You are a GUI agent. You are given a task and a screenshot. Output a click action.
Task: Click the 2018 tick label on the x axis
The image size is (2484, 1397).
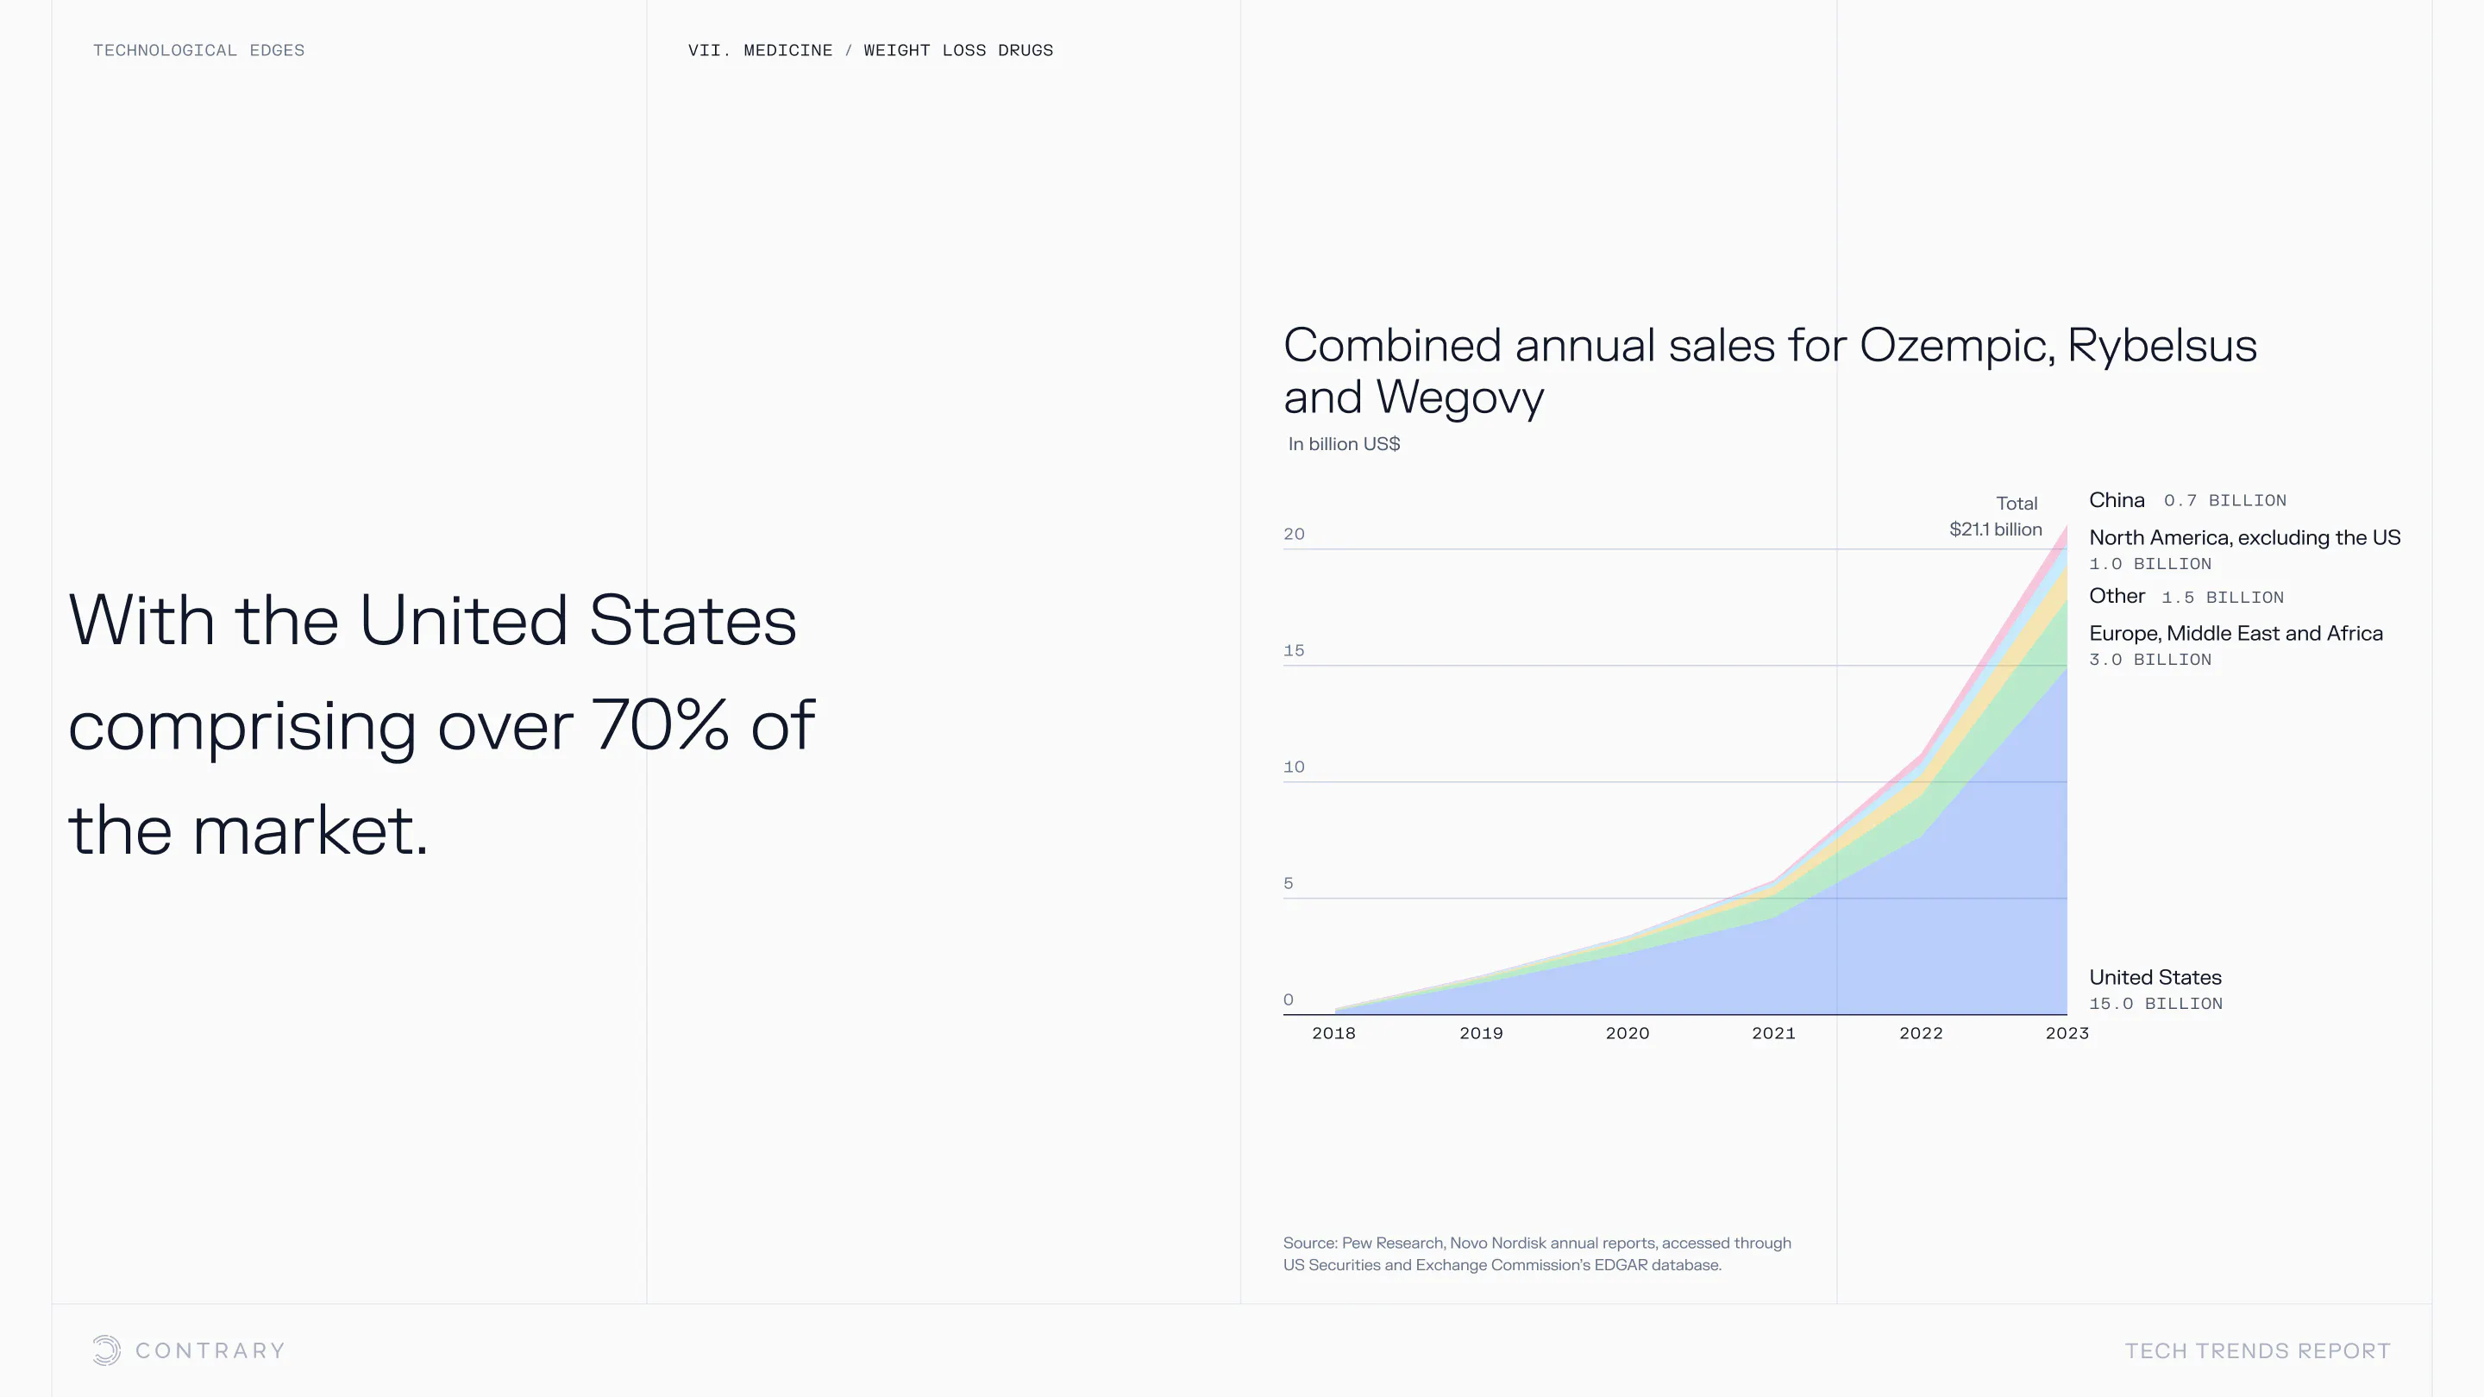point(1333,1032)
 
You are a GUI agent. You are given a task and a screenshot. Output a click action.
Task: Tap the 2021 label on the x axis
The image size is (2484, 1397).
point(1773,1032)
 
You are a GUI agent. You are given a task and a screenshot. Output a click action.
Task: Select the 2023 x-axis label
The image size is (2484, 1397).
point(2067,1032)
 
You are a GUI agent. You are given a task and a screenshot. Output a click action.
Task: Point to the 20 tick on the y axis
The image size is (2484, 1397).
point(1294,534)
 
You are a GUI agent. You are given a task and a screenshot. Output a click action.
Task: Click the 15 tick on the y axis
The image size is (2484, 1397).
point(1294,651)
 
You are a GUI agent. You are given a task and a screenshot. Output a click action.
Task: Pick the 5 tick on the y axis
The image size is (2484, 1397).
point(1289,883)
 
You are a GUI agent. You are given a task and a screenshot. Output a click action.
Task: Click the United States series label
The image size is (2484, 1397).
point(2155,977)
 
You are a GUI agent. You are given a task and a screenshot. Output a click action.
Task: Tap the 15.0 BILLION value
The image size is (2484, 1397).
point(2155,1004)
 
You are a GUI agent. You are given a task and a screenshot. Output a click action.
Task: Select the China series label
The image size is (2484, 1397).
point(2117,499)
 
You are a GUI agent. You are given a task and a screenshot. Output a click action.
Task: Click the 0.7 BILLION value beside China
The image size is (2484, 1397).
point(2224,500)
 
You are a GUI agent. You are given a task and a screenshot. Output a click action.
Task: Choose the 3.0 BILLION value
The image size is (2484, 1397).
point(2149,660)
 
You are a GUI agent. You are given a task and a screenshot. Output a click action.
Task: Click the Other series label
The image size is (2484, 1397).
point(2117,596)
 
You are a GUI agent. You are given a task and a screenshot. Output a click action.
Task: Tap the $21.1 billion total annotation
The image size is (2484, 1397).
point(1995,529)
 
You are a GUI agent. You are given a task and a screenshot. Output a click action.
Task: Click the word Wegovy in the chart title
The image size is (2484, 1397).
point(1460,398)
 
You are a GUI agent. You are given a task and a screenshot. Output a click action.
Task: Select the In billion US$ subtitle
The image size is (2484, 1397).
point(1345,443)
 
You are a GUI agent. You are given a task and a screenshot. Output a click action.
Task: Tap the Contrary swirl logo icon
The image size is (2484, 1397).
point(106,1350)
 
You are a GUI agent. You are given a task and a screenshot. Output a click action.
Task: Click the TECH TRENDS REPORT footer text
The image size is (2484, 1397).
point(2257,1350)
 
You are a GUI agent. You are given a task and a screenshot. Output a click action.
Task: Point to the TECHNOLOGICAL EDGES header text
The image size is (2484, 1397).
point(198,50)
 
